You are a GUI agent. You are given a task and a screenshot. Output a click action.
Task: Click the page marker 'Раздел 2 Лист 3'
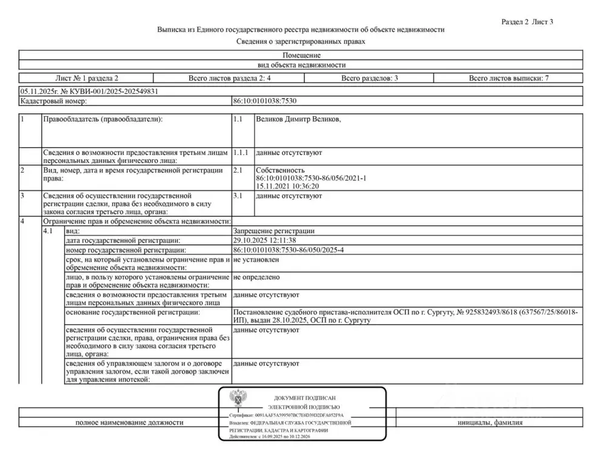527,22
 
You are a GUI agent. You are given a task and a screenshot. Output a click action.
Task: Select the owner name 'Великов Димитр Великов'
298,120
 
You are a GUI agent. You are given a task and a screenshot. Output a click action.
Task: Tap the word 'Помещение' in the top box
301,55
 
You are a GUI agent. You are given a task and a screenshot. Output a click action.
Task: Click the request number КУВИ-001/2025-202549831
105,91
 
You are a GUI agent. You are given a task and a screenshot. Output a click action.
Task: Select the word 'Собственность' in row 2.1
280,171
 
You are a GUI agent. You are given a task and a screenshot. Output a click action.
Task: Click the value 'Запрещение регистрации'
273,231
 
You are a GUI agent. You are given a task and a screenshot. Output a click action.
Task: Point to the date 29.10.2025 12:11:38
265,240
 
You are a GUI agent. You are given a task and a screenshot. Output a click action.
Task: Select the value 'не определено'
256,277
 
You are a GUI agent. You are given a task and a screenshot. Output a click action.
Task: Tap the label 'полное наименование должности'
129,423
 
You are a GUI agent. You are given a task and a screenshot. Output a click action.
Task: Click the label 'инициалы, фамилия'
490,423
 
